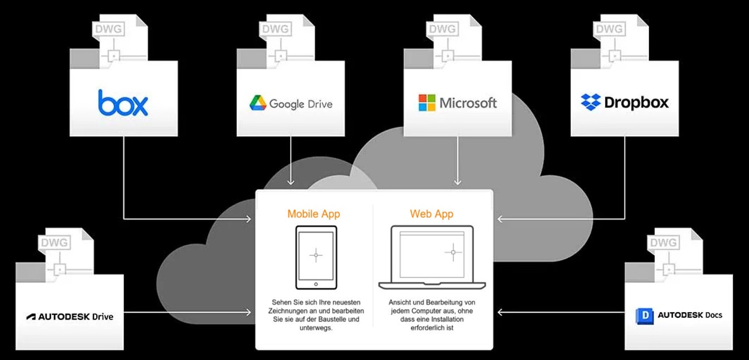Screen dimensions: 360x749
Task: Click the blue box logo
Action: coord(123,103)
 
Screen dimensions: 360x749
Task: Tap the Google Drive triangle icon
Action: coord(258,103)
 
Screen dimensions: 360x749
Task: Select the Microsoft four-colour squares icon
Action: coord(427,103)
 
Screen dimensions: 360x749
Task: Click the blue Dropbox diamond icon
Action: coord(591,102)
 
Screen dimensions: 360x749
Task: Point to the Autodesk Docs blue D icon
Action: coord(645,316)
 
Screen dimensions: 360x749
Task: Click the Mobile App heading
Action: coord(313,214)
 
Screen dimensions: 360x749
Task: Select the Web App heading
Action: coord(432,214)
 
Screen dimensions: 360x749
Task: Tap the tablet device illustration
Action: coord(316,257)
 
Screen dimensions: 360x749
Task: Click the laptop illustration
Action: coord(432,257)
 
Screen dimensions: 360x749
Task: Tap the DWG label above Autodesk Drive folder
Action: coord(54,242)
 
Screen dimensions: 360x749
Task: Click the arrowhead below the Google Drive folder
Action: coord(291,181)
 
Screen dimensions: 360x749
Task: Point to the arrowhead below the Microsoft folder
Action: coord(457,181)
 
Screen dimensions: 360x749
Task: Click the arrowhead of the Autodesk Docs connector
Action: coord(500,312)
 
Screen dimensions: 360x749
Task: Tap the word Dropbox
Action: coord(636,103)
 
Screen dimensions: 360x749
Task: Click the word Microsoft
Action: coord(468,103)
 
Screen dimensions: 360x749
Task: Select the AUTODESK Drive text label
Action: coord(70,317)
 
